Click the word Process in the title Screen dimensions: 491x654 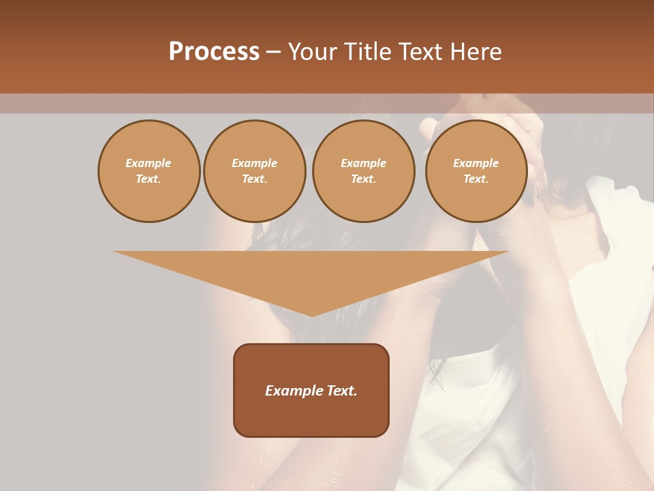pos(214,52)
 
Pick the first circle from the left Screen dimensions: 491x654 pos(149,171)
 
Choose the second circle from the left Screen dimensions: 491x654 pos(255,171)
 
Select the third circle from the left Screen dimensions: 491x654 pos(363,171)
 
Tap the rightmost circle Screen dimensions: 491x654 pos(476,171)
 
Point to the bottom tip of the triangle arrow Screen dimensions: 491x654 pos(311,315)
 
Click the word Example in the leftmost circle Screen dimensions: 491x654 pos(149,164)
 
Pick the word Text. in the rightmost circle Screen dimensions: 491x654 pos(476,179)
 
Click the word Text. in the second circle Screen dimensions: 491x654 pos(255,179)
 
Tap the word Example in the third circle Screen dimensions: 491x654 pos(363,164)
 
